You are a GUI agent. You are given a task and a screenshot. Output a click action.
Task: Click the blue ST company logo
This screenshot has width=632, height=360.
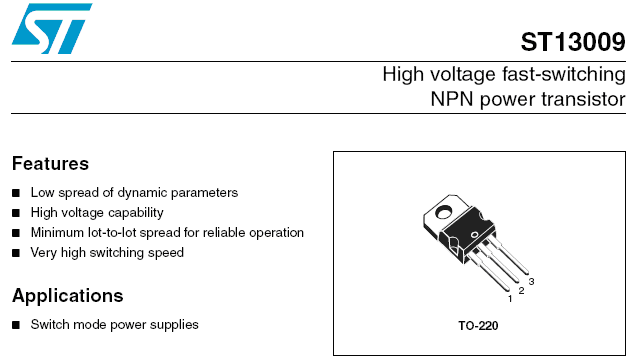click(52, 29)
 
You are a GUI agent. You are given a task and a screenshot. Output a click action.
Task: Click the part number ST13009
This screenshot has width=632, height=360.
click(573, 42)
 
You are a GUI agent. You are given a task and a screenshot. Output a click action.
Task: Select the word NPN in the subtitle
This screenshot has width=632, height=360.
click(451, 99)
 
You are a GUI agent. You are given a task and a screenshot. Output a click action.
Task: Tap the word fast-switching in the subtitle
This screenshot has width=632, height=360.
click(563, 75)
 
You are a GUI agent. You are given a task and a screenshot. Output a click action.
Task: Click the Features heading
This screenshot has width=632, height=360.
click(50, 164)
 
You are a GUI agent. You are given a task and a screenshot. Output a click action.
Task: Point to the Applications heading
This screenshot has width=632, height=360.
click(68, 296)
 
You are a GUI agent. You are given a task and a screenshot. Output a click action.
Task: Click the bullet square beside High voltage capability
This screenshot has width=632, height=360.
click(16, 213)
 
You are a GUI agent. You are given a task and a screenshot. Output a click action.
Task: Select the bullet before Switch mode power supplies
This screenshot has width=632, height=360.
click(16, 325)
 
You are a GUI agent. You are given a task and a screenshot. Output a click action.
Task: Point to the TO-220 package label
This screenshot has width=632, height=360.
click(478, 326)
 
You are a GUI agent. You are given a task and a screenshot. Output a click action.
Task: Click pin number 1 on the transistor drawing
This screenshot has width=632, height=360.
click(510, 299)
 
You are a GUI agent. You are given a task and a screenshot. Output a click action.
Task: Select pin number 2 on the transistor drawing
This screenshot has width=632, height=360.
click(521, 290)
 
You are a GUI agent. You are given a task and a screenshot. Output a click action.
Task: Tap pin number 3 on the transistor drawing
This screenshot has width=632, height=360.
click(531, 281)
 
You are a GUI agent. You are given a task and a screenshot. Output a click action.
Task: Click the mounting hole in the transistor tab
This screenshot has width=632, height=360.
click(444, 211)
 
